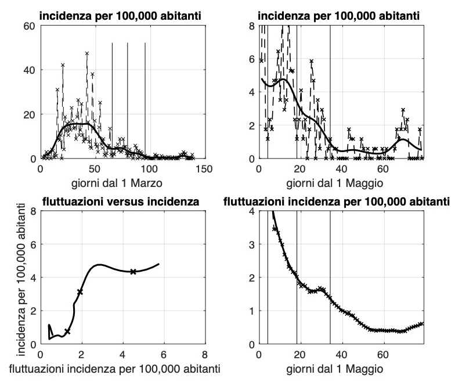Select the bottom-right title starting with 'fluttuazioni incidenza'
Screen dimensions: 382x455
pos(337,201)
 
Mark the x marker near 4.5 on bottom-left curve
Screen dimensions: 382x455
pos(133,272)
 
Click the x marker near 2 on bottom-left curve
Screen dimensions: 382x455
pos(80,292)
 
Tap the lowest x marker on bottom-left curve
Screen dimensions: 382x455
pos(67,331)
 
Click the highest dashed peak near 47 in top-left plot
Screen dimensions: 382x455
pos(87,53)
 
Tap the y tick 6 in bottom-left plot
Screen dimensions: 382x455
pos(33,244)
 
